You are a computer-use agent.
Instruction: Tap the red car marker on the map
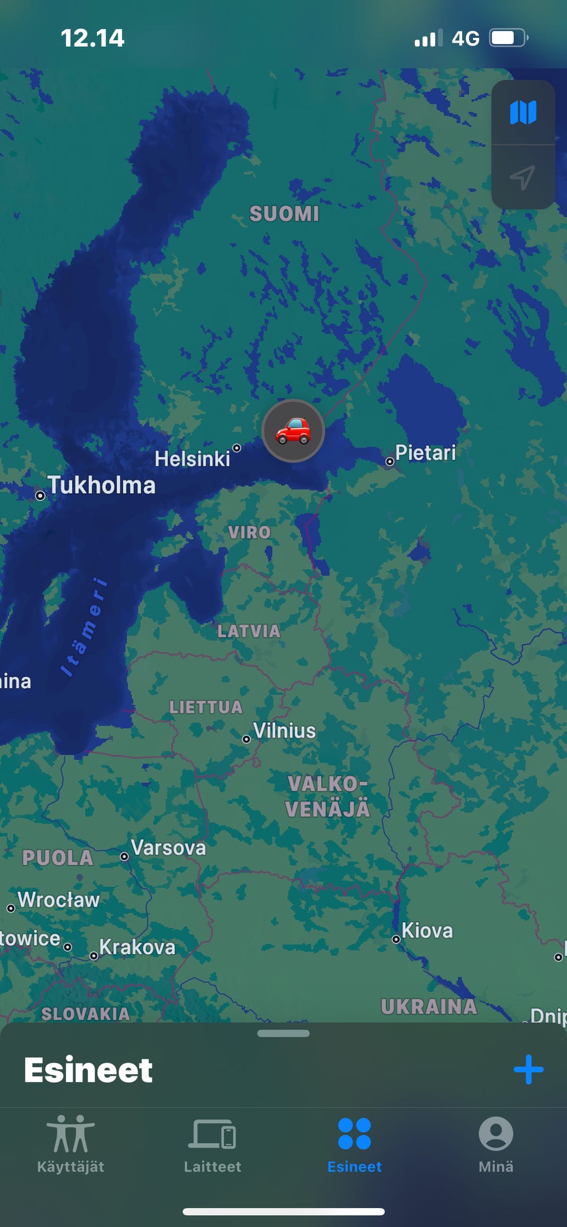coord(293,430)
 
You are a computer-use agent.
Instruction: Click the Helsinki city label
coord(193,459)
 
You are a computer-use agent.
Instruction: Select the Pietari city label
coord(425,453)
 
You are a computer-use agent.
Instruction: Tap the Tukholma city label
coord(102,485)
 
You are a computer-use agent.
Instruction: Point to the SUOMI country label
coord(284,214)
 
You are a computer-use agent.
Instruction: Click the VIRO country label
coord(249,533)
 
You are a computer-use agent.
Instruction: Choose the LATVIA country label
coord(249,631)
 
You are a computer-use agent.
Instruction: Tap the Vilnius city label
coord(285,731)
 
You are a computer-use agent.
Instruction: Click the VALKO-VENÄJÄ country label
coord(328,797)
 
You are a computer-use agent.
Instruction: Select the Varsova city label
coord(168,848)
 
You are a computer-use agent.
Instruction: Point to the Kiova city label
coord(427,931)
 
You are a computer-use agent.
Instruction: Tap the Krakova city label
coord(137,947)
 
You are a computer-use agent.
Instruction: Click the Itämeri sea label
coord(84,627)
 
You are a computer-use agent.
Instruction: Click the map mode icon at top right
coord(523,112)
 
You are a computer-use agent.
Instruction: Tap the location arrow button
coord(523,177)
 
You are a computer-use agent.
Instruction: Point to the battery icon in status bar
coord(508,38)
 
